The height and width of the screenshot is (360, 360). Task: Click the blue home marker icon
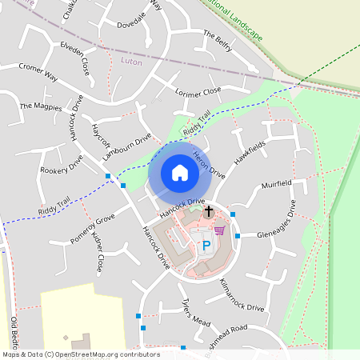coord(180,173)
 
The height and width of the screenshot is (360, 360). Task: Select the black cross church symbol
coord(209,212)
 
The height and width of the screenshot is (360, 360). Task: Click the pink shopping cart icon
coord(219,230)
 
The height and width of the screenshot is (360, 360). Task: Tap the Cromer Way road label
coord(38,73)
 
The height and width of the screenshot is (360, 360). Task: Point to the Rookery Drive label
coord(62,165)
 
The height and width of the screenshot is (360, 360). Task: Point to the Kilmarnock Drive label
coord(239,296)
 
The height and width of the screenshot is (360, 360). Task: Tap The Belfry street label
coord(218,41)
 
